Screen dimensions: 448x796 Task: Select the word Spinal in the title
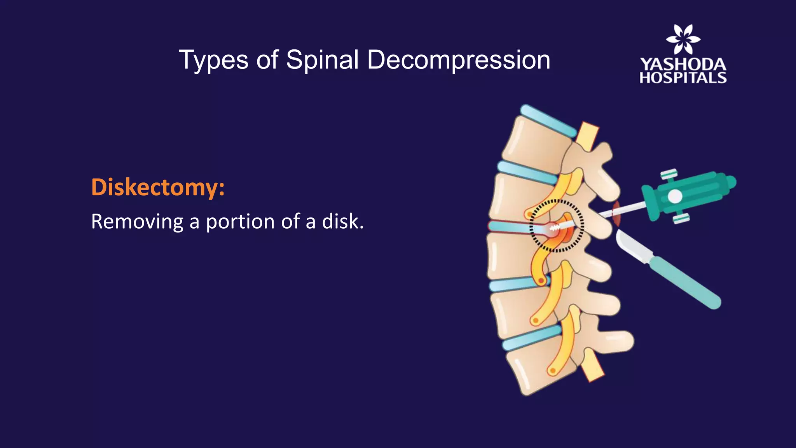click(322, 61)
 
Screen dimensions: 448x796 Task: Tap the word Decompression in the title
click(459, 61)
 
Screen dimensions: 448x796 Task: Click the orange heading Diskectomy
click(157, 187)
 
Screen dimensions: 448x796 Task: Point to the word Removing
click(137, 222)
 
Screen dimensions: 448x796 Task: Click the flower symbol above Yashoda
click(683, 39)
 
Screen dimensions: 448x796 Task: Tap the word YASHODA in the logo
click(683, 65)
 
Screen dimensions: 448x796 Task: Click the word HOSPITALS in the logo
click(683, 78)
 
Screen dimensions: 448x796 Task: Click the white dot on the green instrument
click(675, 196)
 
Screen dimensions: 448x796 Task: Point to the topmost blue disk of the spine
click(548, 121)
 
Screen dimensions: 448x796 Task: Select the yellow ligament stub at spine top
click(587, 136)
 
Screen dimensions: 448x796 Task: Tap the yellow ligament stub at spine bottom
click(593, 367)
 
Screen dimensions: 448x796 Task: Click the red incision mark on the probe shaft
click(616, 213)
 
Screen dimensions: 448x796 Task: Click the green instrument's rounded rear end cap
click(730, 182)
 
